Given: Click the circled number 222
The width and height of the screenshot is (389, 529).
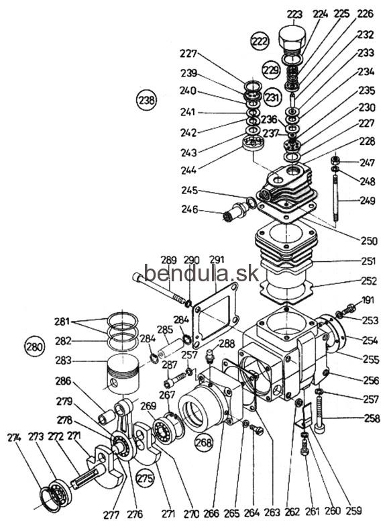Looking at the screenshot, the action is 260,41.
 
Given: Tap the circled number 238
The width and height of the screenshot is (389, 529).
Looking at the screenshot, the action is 147,100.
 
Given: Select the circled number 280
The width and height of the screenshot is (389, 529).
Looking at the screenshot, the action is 35,346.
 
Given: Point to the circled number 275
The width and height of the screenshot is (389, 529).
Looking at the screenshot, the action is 145,478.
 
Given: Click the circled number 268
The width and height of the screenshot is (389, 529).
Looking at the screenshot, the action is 205,442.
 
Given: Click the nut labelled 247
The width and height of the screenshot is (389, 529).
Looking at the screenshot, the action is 335,159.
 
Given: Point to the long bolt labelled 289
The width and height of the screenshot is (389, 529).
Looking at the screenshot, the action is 160,287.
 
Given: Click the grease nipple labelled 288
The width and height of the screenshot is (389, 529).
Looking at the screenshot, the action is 209,356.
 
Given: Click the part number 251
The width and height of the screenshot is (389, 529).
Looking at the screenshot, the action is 368,260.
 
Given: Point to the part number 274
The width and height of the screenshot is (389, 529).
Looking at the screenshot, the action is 15,438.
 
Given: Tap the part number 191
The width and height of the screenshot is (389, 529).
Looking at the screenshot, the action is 368,300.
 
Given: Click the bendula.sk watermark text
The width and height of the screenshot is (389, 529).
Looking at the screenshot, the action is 201,273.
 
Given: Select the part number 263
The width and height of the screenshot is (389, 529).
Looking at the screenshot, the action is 272,512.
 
